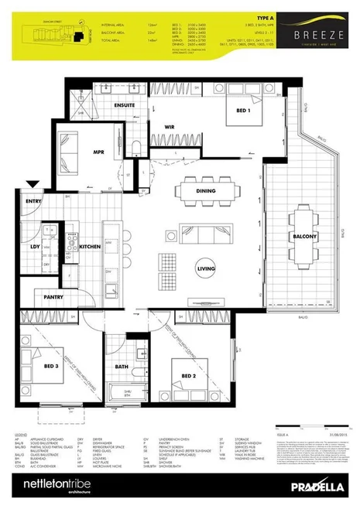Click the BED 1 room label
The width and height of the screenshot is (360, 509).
pyautogui.click(x=234, y=110)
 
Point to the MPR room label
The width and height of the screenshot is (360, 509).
pyautogui.click(x=98, y=152)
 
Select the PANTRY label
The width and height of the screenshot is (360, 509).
pyautogui.click(x=53, y=296)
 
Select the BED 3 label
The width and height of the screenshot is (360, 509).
pyautogui.click(x=52, y=366)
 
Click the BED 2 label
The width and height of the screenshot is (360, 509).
pyautogui.click(x=190, y=375)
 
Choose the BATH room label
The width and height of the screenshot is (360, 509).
pyautogui.click(x=122, y=367)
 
